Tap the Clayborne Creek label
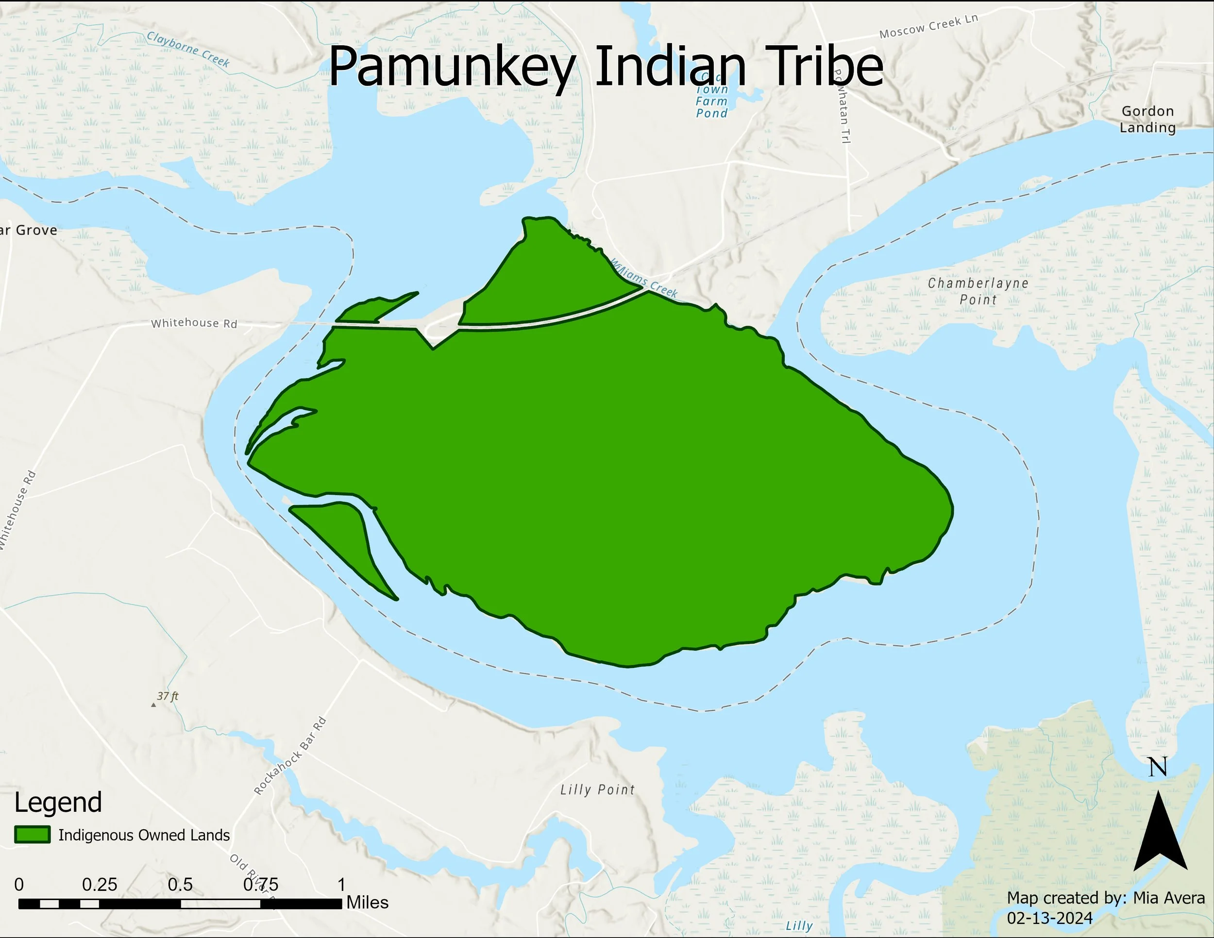188,49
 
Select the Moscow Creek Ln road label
928,26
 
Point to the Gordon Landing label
1147,119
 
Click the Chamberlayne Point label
978,291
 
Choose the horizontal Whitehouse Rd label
194,323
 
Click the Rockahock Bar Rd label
290,756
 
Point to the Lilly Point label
598,789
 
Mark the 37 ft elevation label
168,696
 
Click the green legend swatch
32,835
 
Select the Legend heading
58,803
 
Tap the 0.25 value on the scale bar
100,884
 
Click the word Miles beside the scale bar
368,903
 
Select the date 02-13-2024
1050,918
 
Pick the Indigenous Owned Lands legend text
144,835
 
